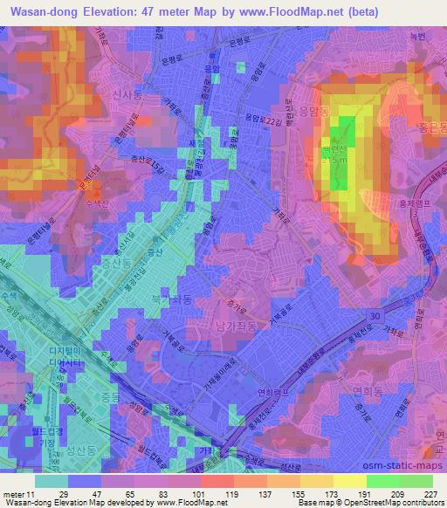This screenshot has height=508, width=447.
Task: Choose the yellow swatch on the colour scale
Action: pos(350,480)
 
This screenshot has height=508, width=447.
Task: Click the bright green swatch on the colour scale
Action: pos(382,480)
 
